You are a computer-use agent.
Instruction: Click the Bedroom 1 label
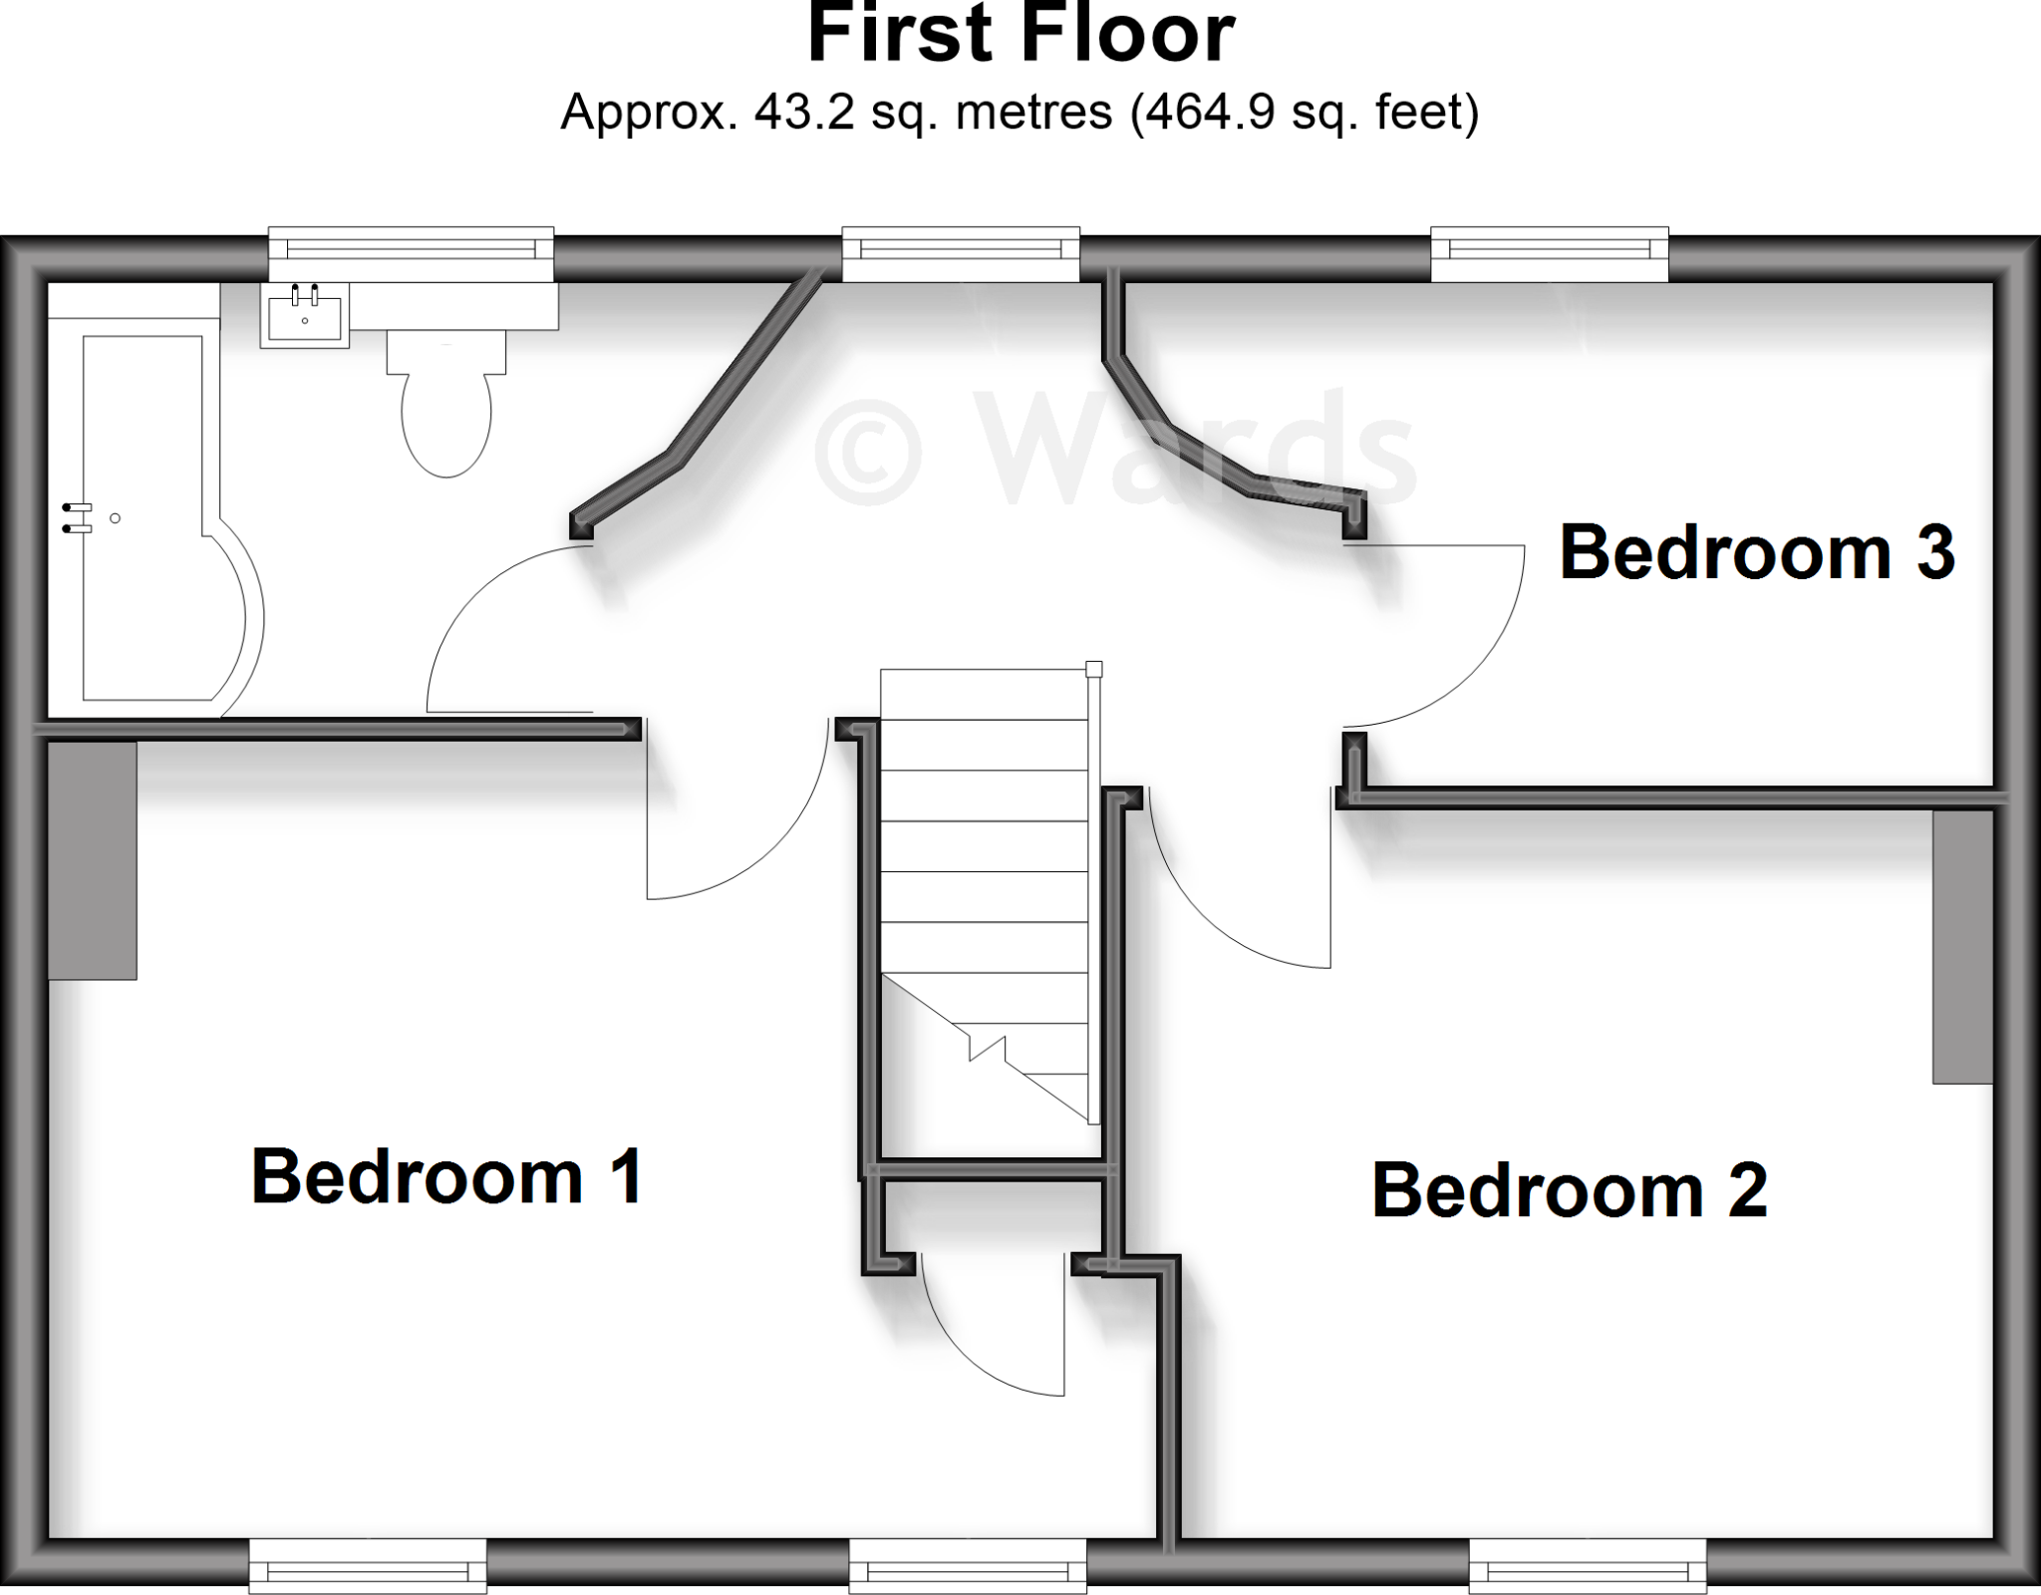tap(446, 1177)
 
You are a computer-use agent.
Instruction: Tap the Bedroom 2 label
tap(1569, 1190)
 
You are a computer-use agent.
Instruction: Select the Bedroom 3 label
tap(1756, 552)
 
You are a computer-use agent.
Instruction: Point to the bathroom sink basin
tap(305, 315)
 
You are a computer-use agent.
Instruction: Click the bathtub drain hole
tap(116, 518)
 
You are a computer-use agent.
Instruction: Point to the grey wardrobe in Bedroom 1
tap(93, 860)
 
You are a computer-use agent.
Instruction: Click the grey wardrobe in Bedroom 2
tap(1962, 946)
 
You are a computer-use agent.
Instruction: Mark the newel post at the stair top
tap(1093, 669)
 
